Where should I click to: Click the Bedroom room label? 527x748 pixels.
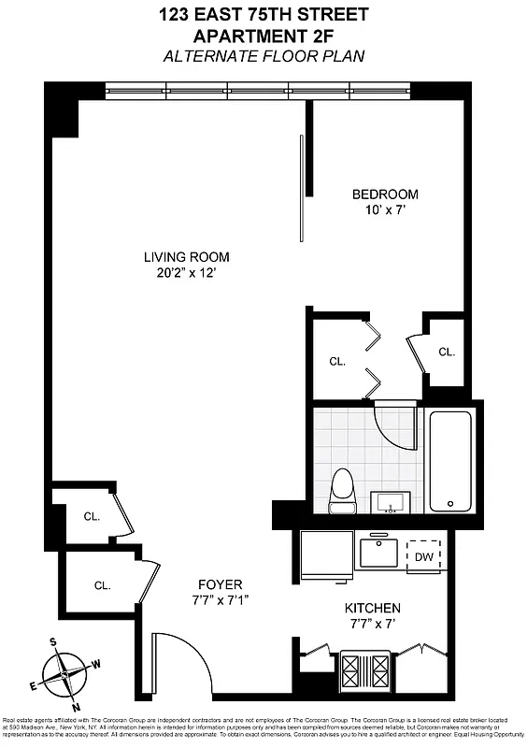tap(385, 194)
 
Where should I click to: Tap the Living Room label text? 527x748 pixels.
tap(186, 257)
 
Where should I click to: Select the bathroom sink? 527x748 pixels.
tap(391, 503)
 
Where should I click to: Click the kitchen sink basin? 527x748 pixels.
tap(380, 552)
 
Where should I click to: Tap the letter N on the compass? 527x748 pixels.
tap(76, 706)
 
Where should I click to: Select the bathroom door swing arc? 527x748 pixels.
tap(394, 428)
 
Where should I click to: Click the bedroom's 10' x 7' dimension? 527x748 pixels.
tap(385, 209)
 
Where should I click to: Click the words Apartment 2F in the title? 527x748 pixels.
tap(263, 36)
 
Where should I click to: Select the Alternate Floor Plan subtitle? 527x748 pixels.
tap(263, 56)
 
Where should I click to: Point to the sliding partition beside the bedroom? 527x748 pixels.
tap(300, 187)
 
